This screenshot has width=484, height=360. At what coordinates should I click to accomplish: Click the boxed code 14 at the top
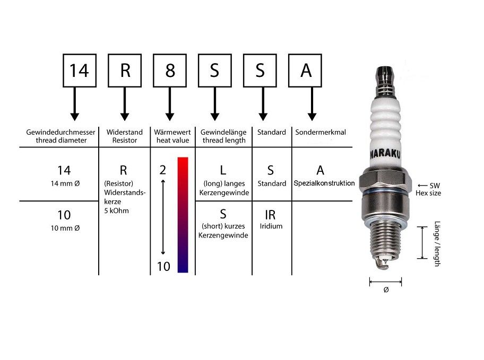(79, 71)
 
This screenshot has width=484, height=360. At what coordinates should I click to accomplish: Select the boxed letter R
(125, 71)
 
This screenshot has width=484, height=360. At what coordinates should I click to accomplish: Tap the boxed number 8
(170, 71)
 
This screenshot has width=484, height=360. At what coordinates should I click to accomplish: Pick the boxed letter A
(306, 71)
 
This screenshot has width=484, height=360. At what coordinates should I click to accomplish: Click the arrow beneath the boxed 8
(170, 104)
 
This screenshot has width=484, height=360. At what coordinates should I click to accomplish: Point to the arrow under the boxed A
(312, 104)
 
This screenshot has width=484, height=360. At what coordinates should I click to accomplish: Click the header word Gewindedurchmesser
(61, 133)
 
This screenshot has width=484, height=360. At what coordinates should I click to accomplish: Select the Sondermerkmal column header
(321, 133)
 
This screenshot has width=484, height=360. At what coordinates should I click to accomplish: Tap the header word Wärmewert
(172, 133)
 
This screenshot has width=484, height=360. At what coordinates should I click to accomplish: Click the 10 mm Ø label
(65, 229)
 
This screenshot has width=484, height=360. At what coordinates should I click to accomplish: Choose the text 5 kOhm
(116, 211)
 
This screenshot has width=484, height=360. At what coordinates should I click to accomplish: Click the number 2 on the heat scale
(163, 170)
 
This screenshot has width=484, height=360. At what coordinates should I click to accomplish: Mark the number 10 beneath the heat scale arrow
(163, 266)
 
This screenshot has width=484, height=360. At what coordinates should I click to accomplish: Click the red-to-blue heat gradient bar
(183, 215)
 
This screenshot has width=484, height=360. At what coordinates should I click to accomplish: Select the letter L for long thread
(223, 170)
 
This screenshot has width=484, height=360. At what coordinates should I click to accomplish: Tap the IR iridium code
(270, 215)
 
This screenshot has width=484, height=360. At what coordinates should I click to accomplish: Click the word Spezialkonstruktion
(324, 183)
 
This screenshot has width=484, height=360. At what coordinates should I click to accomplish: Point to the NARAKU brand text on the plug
(385, 154)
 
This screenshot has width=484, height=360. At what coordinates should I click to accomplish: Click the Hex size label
(428, 193)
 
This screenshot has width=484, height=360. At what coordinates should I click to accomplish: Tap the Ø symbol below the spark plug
(386, 289)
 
